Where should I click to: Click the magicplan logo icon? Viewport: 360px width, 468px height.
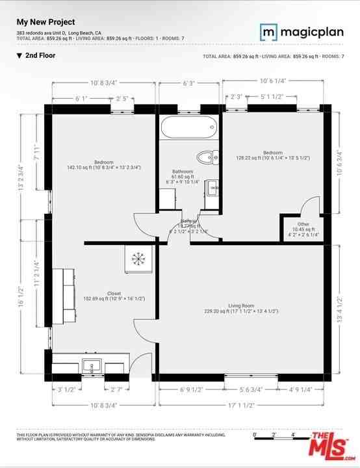pyautogui.click(x=268, y=31)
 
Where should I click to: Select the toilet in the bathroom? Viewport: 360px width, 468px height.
pyautogui.click(x=207, y=156)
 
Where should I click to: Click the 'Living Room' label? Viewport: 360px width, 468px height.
pyautogui.click(x=240, y=305)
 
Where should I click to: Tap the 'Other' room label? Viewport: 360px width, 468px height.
pyautogui.click(x=303, y=224)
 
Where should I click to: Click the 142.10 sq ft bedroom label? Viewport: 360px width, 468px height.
pyautogui.click(x=104, y=162)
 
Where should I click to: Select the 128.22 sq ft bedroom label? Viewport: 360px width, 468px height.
pyautogui.click(x=272, y=153)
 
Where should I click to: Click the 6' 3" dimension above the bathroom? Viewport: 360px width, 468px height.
pyautogui.click(x=189, y=83)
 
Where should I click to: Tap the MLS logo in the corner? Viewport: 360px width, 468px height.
pyautogui.click(x=331, y=447)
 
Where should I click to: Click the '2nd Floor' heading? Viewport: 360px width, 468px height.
pyautogui.click(x=40, y=56)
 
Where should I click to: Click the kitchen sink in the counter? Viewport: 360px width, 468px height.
pyautogui.click(x=89, y=363)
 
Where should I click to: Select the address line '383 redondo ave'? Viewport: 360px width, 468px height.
pyautogui.click(x=58, y=32)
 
